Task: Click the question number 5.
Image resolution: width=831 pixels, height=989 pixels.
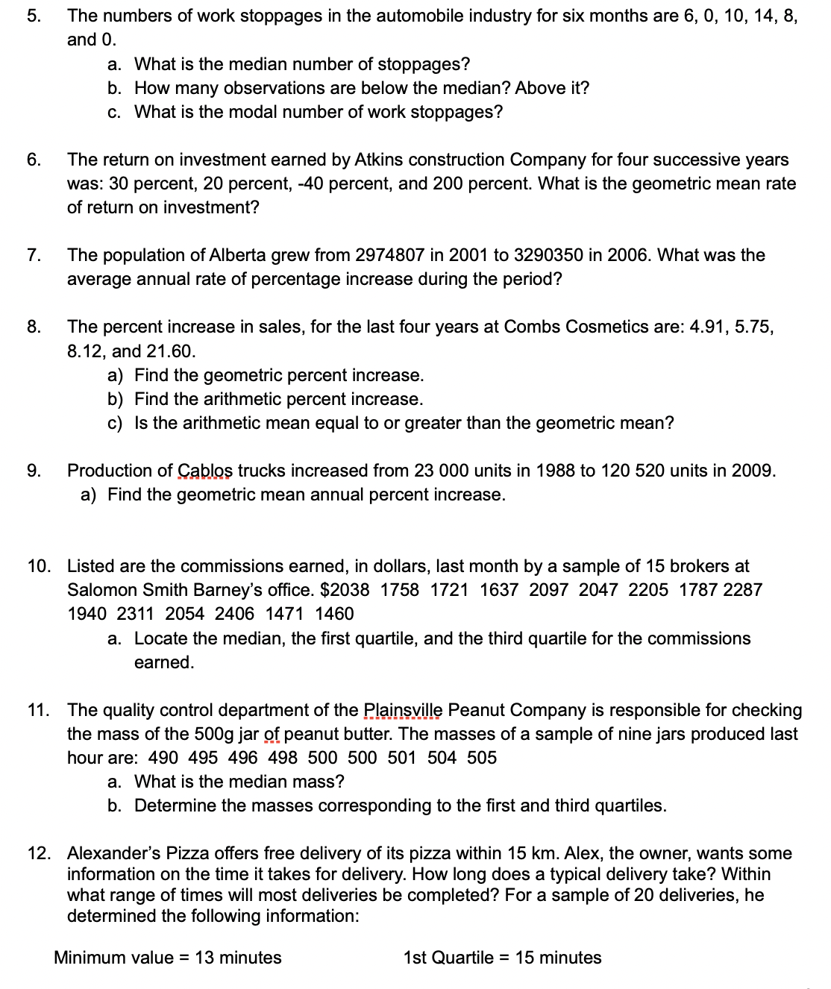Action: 33,16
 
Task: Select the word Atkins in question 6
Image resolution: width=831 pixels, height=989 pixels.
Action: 379,160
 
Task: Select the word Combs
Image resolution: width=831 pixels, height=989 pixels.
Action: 532,327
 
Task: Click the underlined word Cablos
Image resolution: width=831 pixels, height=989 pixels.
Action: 205,471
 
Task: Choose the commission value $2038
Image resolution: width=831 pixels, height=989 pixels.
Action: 345,590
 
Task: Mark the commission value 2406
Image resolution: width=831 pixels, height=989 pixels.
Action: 234,614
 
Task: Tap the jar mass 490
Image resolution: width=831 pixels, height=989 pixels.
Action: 163,758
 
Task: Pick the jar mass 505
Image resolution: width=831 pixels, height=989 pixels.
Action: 482,758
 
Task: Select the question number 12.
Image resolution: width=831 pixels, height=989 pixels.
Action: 38,853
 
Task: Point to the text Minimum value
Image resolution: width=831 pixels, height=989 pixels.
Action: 113,958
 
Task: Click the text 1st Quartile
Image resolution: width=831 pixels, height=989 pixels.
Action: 448,958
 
